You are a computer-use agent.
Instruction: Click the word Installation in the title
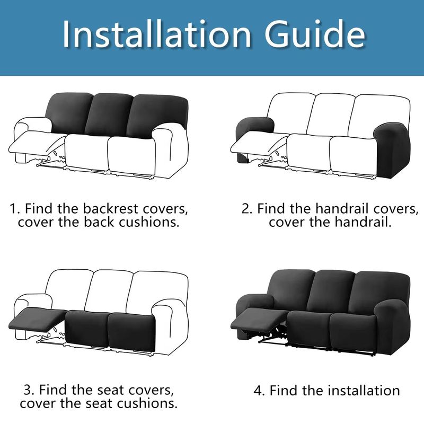click(x=157, y=34)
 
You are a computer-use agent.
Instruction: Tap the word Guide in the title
click(x=315, y=34)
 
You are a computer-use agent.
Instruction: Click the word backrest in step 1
click(x=111, y=208)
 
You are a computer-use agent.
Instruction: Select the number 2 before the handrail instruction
click(x=246, y=209)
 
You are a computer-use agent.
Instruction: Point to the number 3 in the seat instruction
click(x=28, y=390)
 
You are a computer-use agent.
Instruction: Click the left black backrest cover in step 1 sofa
click(x=69, y=113)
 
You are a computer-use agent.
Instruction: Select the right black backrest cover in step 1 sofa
click(x=157, y=116)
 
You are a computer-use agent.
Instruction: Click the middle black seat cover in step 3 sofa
click(x=87, y=328)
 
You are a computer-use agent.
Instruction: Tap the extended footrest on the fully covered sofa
click(x=259, y=319)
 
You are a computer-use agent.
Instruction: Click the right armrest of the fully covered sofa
click(x=393, y=326)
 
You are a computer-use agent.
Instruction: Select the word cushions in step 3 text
click(x=147, y=403)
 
